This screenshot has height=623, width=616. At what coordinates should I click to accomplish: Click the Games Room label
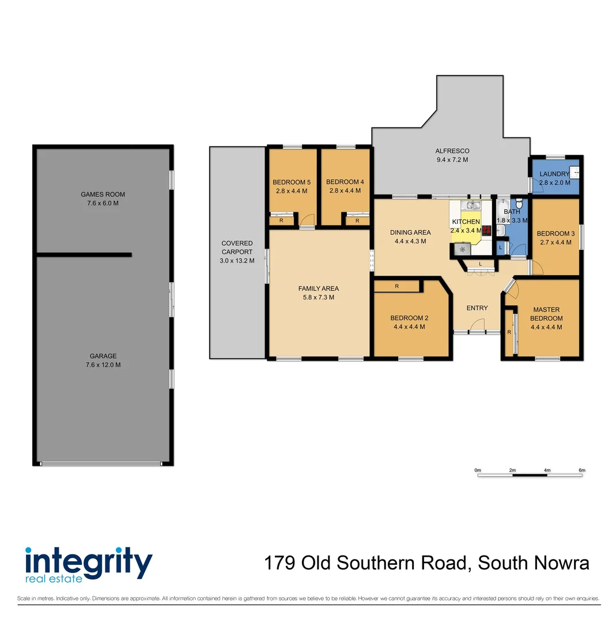[103, 194]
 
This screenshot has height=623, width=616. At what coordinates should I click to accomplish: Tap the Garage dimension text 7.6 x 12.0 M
[103, 365]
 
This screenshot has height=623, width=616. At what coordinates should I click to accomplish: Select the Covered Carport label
[237, 247]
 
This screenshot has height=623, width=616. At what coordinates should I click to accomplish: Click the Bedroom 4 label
[345, 182]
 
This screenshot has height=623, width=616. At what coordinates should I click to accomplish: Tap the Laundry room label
[554, 174]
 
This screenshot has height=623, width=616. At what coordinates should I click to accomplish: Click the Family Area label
[318, 288]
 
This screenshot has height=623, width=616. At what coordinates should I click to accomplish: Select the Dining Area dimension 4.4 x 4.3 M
[410, 241]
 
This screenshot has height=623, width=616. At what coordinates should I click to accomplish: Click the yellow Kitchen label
[466, 222]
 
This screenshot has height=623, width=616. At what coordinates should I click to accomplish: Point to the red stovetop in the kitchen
[486, 230]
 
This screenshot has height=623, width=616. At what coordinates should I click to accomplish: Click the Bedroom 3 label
[555, 234]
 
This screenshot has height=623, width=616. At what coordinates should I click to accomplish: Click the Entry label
[477, 308]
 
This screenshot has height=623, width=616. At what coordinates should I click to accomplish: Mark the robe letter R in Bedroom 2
[397, 286]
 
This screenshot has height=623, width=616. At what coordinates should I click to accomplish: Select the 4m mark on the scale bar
[547, 471]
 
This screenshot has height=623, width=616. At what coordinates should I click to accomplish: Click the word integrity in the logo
[88, 560]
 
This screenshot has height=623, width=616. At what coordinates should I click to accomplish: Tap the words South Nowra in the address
[534, 562]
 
